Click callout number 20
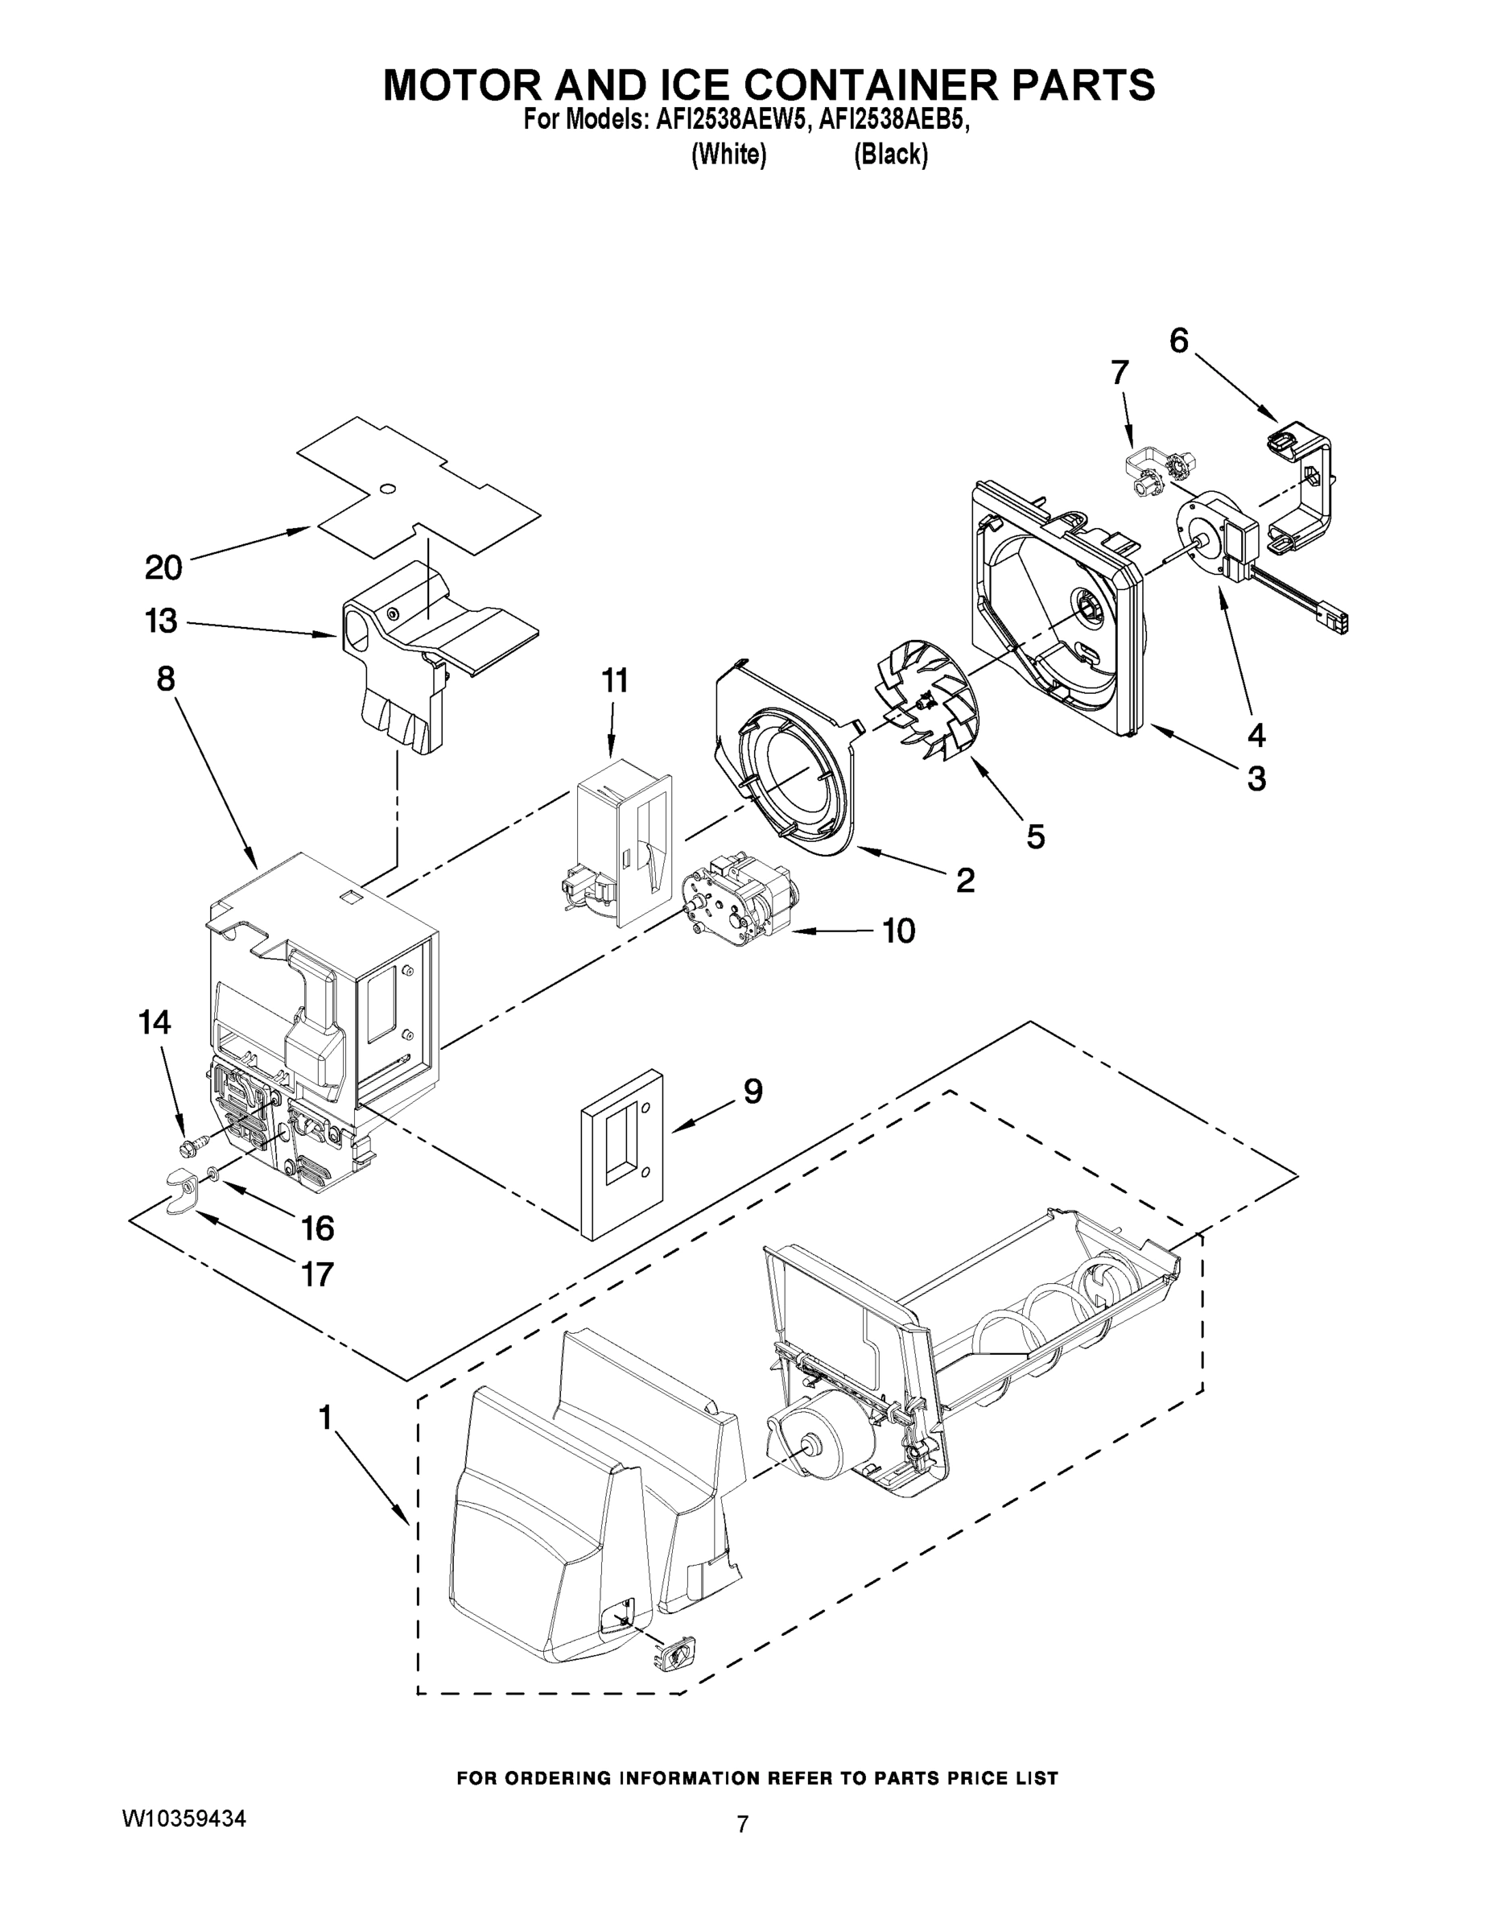(163, 567)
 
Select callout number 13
(161, 621)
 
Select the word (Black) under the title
(891, 155)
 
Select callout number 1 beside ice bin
(324, 1418)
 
